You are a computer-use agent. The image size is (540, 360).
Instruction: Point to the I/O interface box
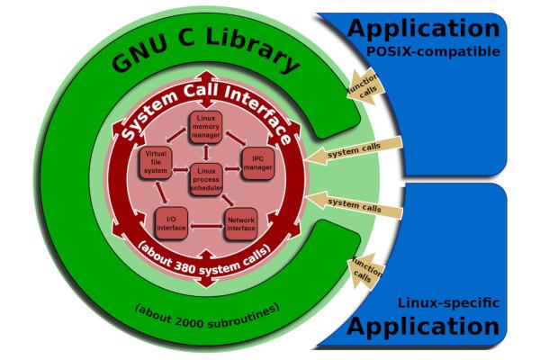tap(171, 222)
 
